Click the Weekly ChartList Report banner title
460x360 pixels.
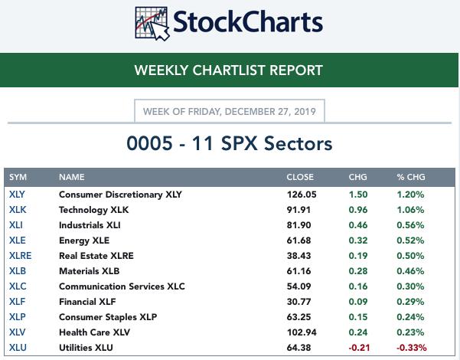228,70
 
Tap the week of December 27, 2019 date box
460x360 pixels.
230,112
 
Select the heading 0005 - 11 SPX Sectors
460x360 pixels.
230,142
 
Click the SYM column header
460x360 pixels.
18,177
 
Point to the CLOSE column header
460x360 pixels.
300,177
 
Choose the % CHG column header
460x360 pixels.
410,177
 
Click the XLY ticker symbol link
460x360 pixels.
17,195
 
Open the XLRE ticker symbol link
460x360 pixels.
20,256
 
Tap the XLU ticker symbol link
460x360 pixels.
17,348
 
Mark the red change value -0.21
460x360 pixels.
357,348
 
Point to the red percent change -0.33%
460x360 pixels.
411,348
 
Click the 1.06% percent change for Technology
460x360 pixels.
410,210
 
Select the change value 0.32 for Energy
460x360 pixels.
357,241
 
